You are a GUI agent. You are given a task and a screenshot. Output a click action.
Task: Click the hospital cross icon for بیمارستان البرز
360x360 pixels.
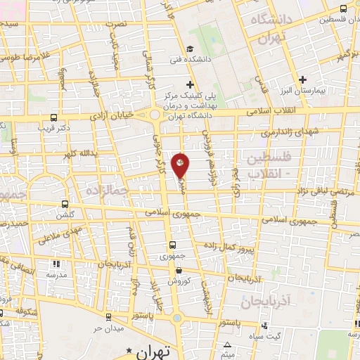coord(303,79)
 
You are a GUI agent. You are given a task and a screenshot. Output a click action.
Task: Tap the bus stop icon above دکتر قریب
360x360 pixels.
coord(55,117)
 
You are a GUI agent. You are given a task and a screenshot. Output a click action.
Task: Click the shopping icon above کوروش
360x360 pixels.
coord(179,270)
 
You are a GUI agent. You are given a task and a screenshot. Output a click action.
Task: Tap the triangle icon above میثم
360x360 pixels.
coord(227,345)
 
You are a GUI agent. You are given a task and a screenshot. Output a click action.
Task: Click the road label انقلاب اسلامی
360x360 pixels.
coord(281,110)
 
